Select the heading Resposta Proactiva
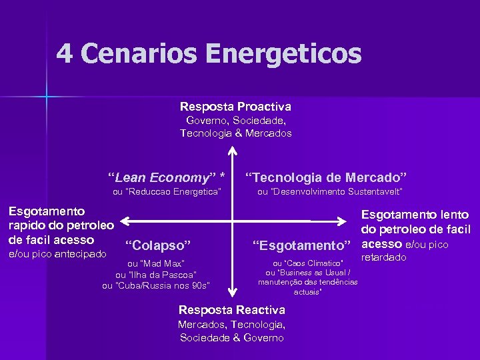click(235, 107)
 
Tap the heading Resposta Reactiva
click(232, 310)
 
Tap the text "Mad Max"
click(155, 263)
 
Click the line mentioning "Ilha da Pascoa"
click(156, 275)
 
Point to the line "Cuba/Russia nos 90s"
click(156, 285)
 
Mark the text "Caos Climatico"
click(309, 263)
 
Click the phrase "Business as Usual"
click(308, 272)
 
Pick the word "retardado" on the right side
click(384, 257)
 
